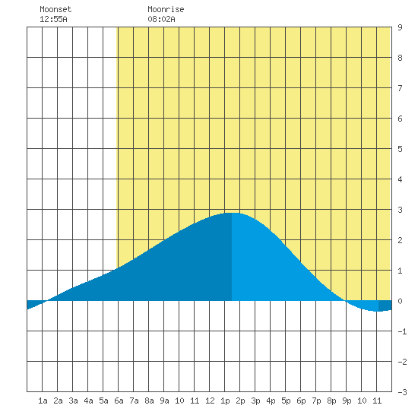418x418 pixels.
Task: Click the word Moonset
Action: click(55, 9)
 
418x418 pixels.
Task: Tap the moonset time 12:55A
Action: click(53, 19)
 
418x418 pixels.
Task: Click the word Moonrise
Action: click(166, 9)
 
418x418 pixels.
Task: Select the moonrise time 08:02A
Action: click(161, 19)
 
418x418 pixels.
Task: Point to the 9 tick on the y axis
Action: click(400, 27)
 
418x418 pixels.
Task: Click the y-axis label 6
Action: click(400, 119)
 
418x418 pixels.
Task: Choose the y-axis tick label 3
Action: click(400, 210)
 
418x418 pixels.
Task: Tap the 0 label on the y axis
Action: click(400, 301)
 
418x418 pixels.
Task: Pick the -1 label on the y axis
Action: click(402, 331)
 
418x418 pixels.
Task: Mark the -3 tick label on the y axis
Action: click(402, 392)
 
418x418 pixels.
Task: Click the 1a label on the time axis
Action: click(43, 401)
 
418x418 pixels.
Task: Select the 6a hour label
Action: click(119, 401)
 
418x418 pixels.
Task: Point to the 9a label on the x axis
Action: click(164, 401)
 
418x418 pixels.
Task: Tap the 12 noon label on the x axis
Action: click(210, 401)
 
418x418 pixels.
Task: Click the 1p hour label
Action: click(225, 401)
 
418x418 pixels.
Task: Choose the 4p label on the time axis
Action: click(271, 401)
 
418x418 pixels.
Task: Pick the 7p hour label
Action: click(316, 401)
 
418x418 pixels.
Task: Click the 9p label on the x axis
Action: click(347, 401)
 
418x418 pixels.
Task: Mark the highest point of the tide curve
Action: click(232, 213)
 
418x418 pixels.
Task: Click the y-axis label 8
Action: click(400, 58)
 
